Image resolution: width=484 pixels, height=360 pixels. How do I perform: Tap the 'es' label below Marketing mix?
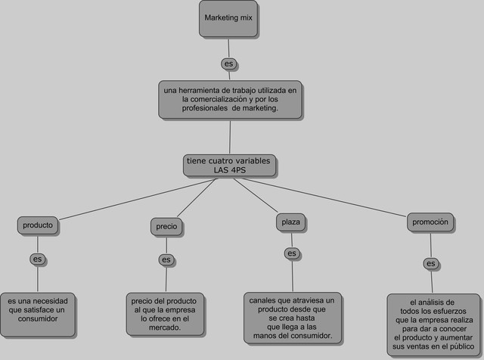[x=228, y=63]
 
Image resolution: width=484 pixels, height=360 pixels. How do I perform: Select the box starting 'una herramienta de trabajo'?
[x=231, y=99]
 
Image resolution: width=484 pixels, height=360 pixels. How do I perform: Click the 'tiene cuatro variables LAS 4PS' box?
[x=229, y=166]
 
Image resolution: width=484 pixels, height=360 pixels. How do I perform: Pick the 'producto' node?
[x=38, y=225]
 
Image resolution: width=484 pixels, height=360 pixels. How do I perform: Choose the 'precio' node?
[x=166, y=226]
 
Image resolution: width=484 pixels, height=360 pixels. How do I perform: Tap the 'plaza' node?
[x=291, y=222]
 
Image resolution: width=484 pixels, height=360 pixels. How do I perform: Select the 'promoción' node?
[x=430, y=222]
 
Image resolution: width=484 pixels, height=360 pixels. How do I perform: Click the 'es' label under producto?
[x=37, y=259]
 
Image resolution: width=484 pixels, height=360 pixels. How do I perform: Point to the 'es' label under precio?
[x=166, y=260]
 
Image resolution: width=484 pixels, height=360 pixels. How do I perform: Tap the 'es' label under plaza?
[x=292, y=253]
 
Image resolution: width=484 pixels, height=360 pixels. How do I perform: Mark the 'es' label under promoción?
[x=430, y=264]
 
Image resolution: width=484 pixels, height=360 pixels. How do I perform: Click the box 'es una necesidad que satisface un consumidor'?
[x=38, y=314]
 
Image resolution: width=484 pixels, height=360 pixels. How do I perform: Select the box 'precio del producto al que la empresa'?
[x=165, y=315]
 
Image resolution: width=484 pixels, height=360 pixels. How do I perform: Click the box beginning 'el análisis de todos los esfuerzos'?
[x=430, y=325]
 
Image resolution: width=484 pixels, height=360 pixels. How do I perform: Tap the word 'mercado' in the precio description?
[x=164, y=328]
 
